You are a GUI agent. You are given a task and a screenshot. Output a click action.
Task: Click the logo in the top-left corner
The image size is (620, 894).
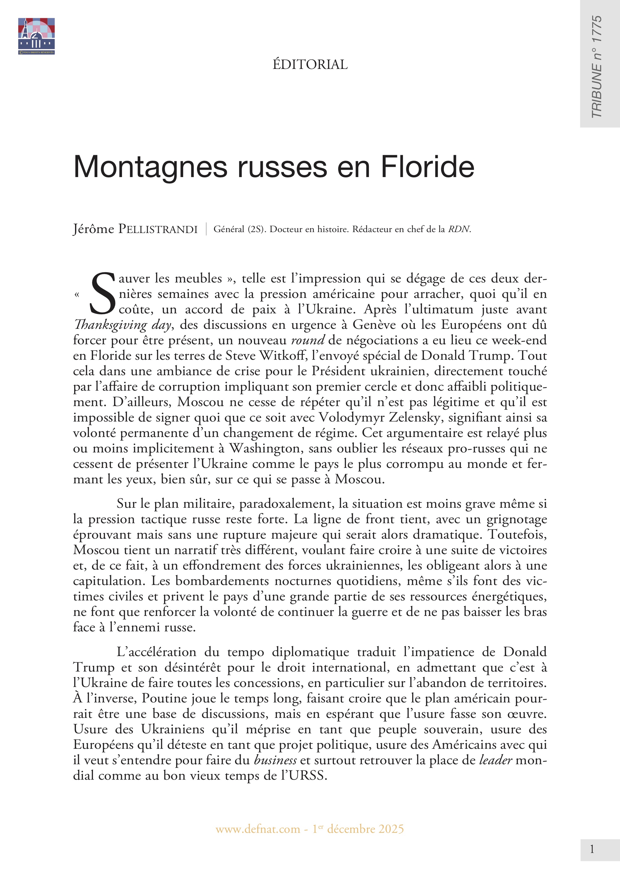click(36, 36)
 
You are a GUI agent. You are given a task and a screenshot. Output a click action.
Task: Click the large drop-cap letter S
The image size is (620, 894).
click(103, 294)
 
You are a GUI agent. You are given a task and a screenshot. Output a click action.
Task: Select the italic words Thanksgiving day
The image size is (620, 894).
click(122, 325)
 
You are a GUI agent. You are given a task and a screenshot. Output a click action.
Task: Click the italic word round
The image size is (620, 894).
click(308, 340)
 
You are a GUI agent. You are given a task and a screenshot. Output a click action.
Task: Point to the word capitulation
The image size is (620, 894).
click(108, 581)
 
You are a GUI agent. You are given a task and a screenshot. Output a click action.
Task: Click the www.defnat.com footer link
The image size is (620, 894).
click(258, 829)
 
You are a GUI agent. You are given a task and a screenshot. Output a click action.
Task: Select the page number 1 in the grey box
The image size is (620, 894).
click(592, 849)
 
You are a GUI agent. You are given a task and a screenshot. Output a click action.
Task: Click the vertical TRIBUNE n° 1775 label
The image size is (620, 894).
click(596, 66)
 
